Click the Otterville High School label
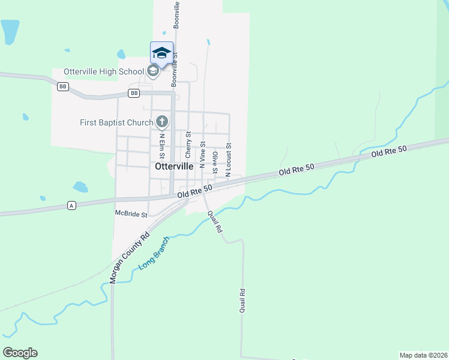coord(104,71)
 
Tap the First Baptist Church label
coord(116,122)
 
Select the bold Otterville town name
coord(174,167)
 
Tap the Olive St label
coord(215,162)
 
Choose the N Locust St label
coord(228,160)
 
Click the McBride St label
coord(131,213)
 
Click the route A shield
coord(71,206)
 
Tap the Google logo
coord(20,353)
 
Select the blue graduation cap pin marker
coord(161,52)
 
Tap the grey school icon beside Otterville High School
coord(152,71)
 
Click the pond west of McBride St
coord(80,187)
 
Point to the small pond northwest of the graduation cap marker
coord(121,54)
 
